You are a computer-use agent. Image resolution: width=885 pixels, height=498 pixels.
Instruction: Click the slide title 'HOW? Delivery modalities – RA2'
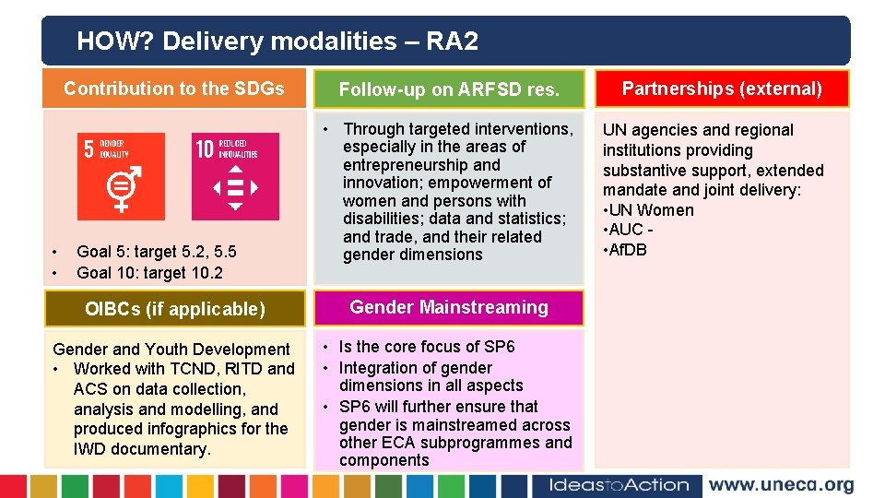pyautogui.click(x=277, y=41)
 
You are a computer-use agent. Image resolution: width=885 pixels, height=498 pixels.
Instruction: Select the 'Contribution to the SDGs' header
pyautogui.click(x=174, y=89)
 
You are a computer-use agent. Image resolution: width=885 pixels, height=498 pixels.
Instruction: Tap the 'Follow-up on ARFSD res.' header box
pyautogui.click(x=449, y=89)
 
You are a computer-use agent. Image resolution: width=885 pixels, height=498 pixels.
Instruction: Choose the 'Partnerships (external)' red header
pyautogui.click(x=722, y=89)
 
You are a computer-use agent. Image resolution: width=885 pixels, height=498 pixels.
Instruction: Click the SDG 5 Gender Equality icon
pyautogui.click(x=121, y=176)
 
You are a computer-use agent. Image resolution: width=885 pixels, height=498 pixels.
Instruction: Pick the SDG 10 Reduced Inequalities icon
pyautogui.click(x=235, y=176)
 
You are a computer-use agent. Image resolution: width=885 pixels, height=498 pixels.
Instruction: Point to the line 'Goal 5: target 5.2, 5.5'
pyautogui.click(x=157, y=251)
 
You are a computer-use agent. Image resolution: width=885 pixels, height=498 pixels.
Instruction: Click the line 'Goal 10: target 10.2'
pyautogui.click(x=149, y=272)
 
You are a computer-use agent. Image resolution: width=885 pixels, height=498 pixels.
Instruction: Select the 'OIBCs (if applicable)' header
pyautogui.click(x=175, y=309)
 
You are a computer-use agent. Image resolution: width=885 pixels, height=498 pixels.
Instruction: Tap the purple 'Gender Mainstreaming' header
pyautogui.click(x=449, y=307)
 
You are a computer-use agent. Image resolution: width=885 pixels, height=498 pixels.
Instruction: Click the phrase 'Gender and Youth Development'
pyautogui.click(x=171, y=350)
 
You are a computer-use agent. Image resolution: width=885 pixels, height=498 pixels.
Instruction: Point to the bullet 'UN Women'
pyautogui.click(x=653, y=210)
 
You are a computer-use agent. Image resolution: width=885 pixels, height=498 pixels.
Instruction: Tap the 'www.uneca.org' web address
pyautogui.click(x=781, y=485)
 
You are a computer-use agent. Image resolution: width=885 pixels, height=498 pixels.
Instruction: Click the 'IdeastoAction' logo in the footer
pyautogui.click(x=619, y=485)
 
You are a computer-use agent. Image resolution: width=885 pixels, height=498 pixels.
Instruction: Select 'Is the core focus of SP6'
pyautogui.click(x=427, y=347)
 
